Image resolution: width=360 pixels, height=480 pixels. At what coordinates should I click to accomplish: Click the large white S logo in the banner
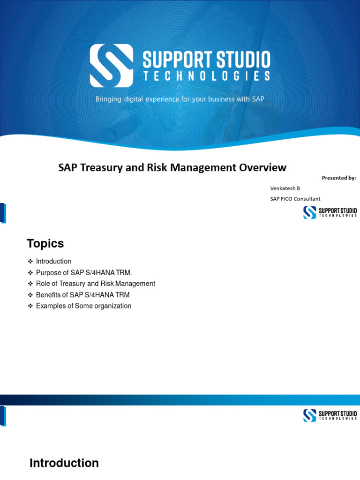point(112,66)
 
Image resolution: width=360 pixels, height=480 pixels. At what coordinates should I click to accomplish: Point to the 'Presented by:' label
point(338,178)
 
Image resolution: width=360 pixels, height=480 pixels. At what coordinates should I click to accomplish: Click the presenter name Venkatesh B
point(285,188)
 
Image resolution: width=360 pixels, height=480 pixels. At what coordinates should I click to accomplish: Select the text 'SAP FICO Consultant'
point(295,199)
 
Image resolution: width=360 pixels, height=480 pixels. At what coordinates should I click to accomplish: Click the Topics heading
point(45,244)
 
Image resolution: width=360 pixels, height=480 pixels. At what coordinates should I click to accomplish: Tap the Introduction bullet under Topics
point(53,261)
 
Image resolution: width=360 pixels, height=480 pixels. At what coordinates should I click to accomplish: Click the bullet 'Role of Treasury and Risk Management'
point(95,284)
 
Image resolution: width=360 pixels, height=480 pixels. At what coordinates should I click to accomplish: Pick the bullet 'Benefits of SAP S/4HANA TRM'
point(82,295)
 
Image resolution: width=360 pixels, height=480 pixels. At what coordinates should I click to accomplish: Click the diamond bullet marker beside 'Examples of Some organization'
point(30,306)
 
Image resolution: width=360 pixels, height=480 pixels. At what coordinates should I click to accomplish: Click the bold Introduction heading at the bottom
point(64,463)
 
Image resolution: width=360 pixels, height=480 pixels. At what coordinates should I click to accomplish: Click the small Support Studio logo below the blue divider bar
point(330,415)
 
